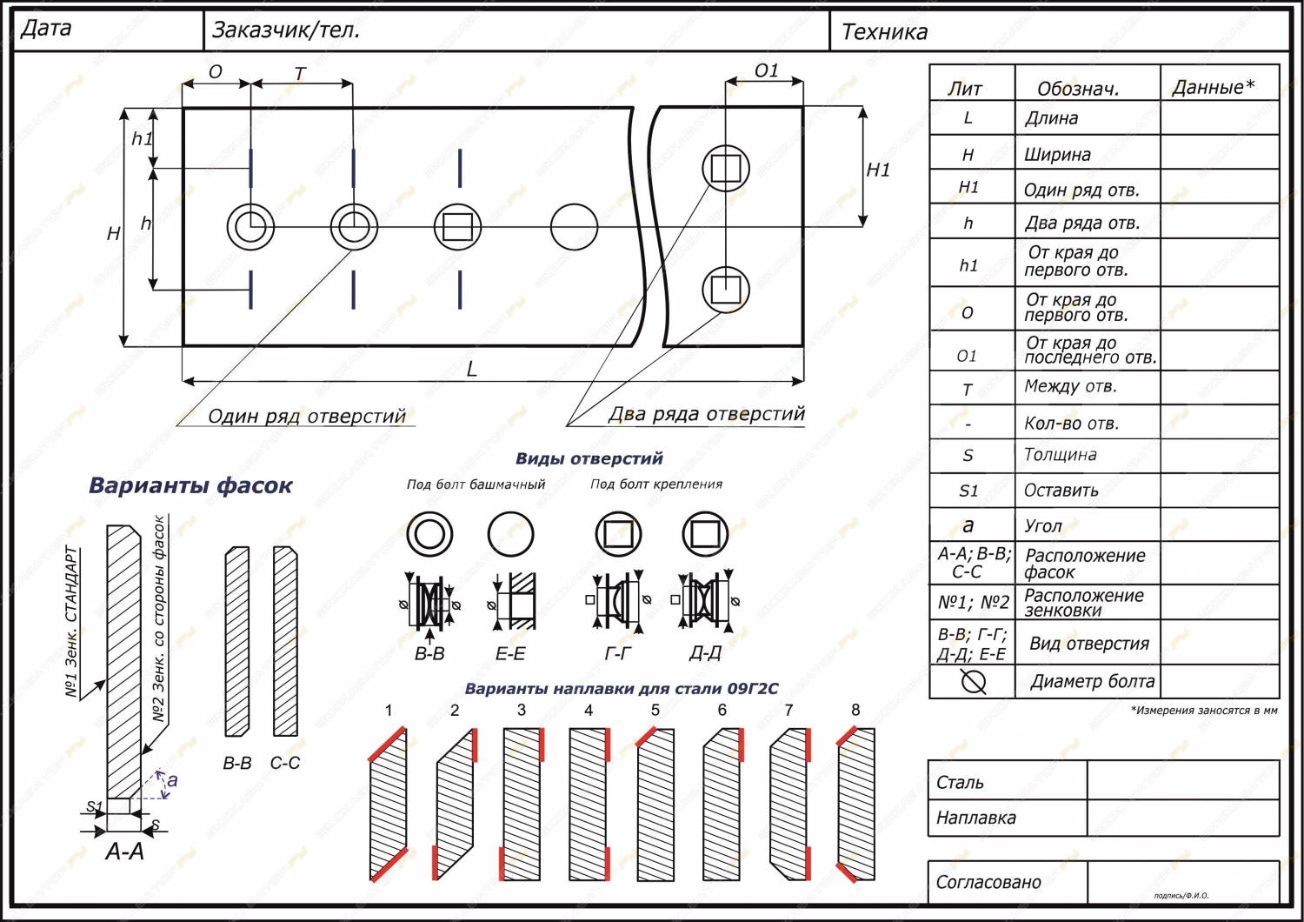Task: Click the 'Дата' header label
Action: pos(45,29)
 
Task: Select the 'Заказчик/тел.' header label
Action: pos(286,30)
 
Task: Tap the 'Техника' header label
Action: pos(884,32)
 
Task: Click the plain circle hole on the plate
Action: pos(574,228)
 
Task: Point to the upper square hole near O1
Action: pos(725,168)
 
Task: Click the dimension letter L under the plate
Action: pos(472,370)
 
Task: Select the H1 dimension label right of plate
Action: pos(879,170)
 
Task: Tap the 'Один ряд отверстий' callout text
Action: pos(307,417)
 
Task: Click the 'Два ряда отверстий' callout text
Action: pos(706,414)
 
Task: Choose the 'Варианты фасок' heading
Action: pos(190,485)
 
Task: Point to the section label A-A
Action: pos(124,852)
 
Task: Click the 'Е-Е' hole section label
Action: pos(510,653)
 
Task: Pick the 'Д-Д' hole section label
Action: pos(705,653)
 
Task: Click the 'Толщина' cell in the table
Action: pos(1061,455)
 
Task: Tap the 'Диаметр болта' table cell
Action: pos(1093,682)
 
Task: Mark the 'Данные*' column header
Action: pos(1214,87)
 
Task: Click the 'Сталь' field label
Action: pos(960,783)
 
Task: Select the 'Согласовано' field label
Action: pos(988,883)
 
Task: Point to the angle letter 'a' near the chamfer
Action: pos(172,780)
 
